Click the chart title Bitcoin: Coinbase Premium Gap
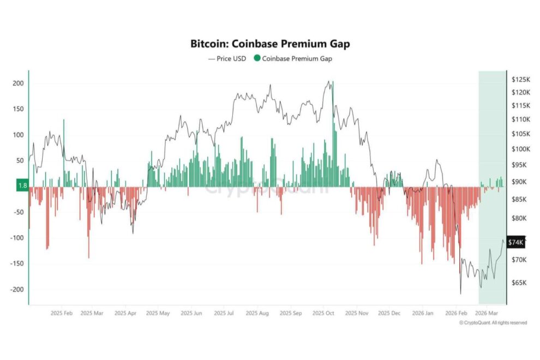[270, 44]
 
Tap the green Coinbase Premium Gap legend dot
[257, 58]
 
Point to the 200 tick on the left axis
[19, 83]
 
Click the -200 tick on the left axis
[17, 290]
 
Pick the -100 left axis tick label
[17, 238]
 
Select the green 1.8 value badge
[22, 186]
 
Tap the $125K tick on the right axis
[520, 80]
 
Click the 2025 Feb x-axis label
[62, 314]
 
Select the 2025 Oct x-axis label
[323, 314]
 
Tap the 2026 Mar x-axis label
[485, 314]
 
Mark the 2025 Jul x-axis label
[224, 314]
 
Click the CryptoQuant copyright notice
[493, 323]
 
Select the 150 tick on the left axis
[19, 109]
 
